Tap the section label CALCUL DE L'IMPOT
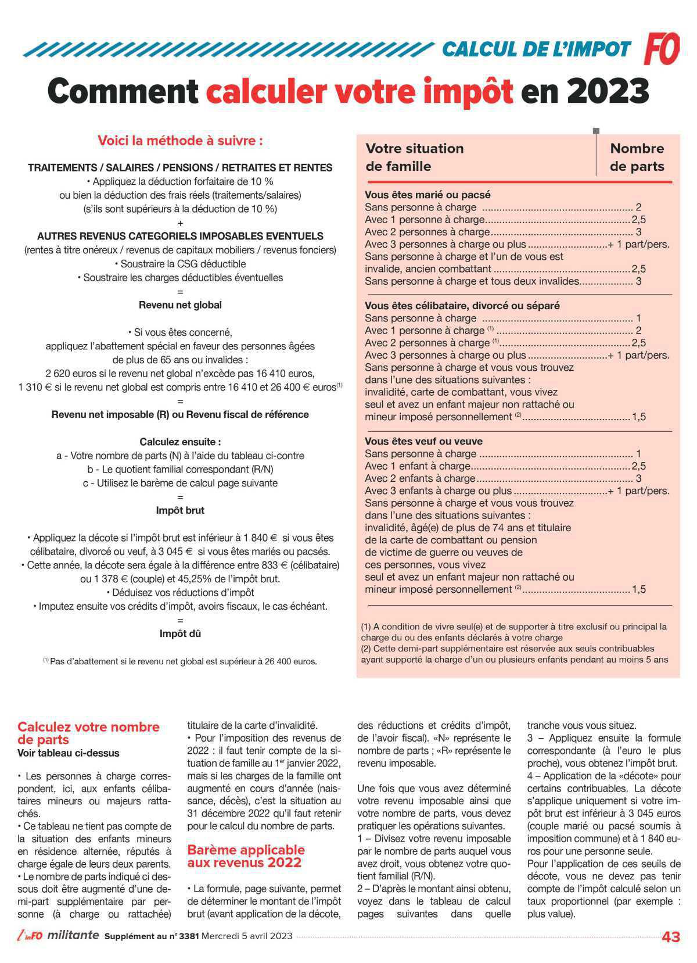click(x=536, y=49)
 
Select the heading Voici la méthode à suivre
click(x=180, y=141)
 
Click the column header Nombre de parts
click(x=637, y=157)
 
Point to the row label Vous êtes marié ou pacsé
click(x=427, y=195)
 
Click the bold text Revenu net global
click(x=180, y=305)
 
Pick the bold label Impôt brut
click(x=180, y=510)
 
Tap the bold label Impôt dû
click(x=180, y=633)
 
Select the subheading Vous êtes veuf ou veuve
click(x=423, y=441)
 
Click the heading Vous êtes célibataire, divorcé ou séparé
click(x=462, y=305)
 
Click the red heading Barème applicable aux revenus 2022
click(x=246, y=856)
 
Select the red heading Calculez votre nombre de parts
click(x=88, y=733)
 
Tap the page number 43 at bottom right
click(x=671, y=937)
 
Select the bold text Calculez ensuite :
click(x=180, y=442)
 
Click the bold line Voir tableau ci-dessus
click(x=68, y=753)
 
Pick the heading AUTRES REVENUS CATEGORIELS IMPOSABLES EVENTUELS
click(x=180, y=236)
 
